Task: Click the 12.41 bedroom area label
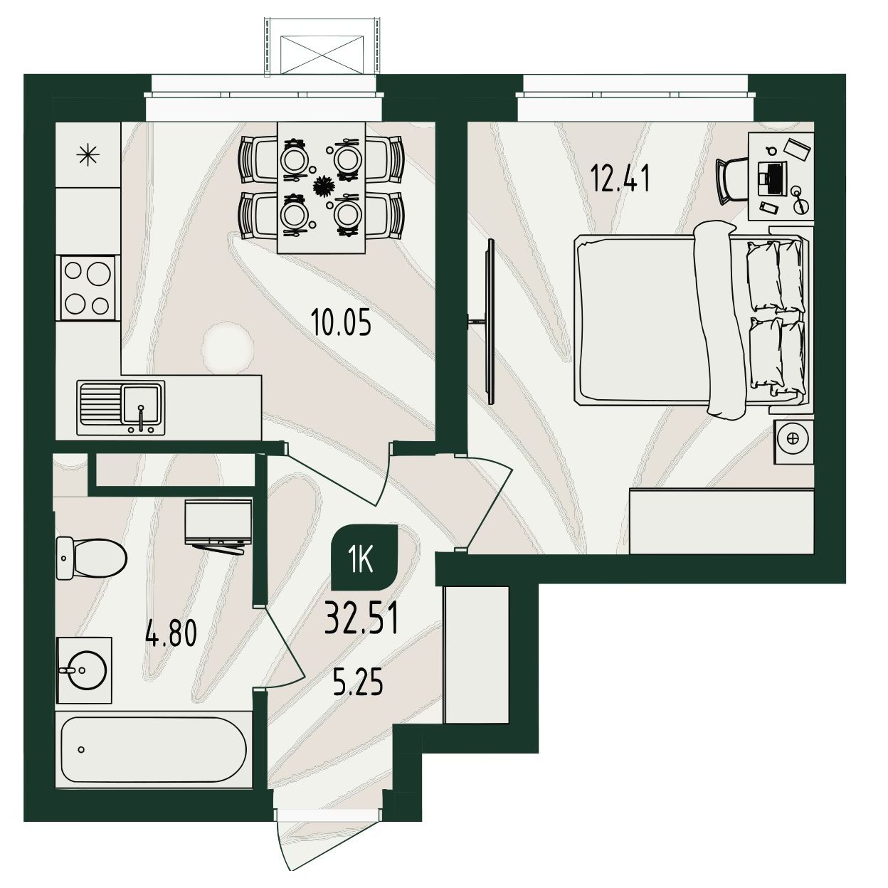click(620, 180)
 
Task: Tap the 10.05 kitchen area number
click(342, 322)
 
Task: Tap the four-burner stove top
click(88, 288)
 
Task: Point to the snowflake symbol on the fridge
click(88, 155)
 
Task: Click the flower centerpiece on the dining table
click(322, 186)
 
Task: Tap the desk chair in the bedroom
click(731, 180)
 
